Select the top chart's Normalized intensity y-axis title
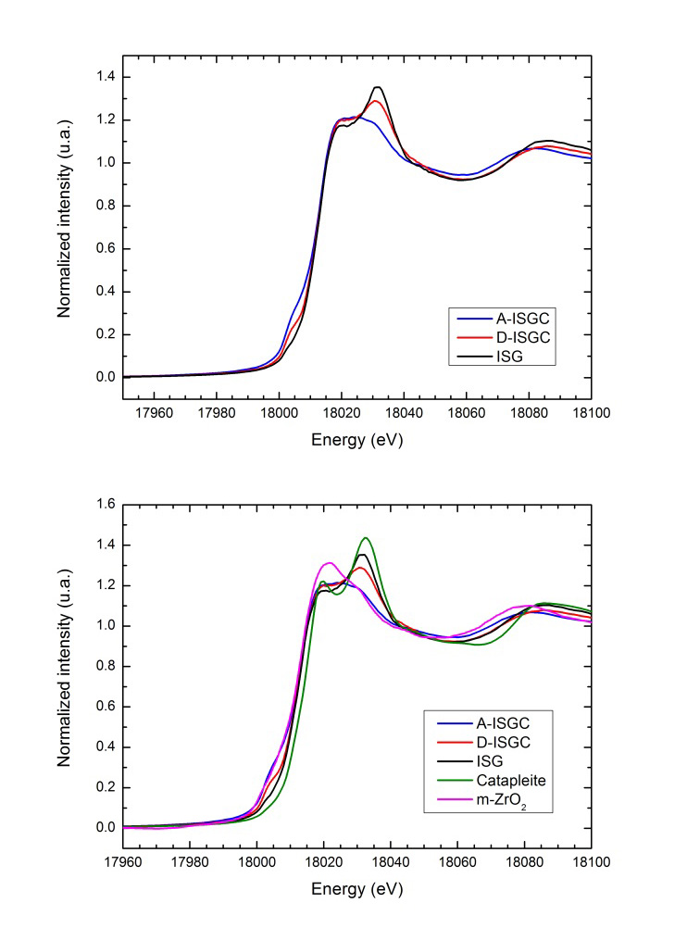[66, 225]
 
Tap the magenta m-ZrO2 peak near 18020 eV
[328, 563]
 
